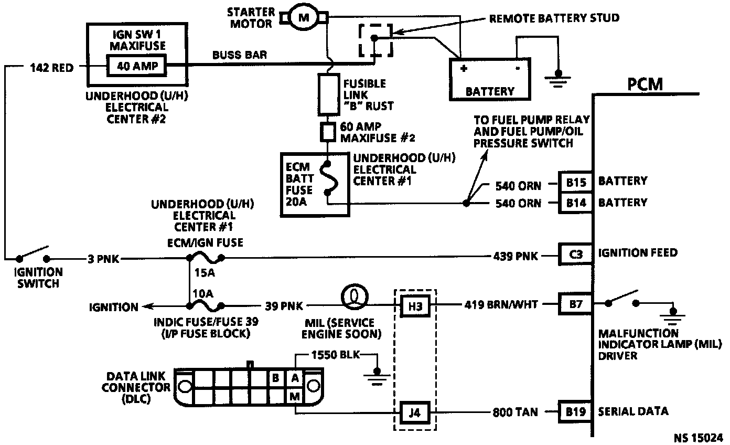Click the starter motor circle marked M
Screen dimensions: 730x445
304,17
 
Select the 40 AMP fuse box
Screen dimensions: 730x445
137,66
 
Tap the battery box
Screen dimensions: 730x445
490,79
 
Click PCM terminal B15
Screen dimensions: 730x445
575,182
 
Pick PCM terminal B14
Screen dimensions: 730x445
575,203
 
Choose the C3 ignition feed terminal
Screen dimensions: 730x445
575,254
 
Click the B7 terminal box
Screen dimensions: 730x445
575,304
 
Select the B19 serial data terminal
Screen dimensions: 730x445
575,412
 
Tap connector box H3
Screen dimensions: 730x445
415,306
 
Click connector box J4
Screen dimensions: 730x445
415,413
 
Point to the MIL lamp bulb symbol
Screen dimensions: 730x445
355,296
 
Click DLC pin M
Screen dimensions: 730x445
295,397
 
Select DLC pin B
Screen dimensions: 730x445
276,378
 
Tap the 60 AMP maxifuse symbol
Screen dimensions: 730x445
328,132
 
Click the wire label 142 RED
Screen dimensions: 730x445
52,68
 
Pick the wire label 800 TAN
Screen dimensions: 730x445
515,412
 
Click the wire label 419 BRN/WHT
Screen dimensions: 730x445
501,304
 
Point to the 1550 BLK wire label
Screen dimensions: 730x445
336,355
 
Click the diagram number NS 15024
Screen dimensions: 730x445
699,438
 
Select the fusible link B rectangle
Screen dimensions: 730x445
328,94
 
